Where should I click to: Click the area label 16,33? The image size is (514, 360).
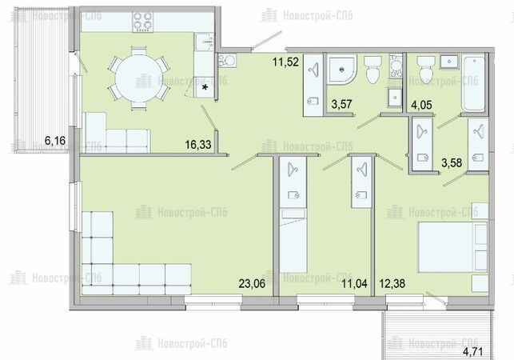198,144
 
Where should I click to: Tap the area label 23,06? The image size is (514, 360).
252,283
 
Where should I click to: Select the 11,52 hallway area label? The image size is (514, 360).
286,62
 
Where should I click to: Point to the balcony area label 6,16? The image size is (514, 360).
55,141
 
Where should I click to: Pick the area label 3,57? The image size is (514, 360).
341,104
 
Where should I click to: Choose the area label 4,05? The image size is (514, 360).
421,105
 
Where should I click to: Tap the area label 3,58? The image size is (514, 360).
452,162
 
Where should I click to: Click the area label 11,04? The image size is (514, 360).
354,283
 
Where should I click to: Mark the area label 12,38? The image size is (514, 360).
392,283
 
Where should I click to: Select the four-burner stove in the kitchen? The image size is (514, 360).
143,22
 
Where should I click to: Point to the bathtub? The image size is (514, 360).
474,83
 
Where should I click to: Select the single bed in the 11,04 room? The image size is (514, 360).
293,241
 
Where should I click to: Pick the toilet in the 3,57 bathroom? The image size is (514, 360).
373,70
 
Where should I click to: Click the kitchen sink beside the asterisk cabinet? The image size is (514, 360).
204,42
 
